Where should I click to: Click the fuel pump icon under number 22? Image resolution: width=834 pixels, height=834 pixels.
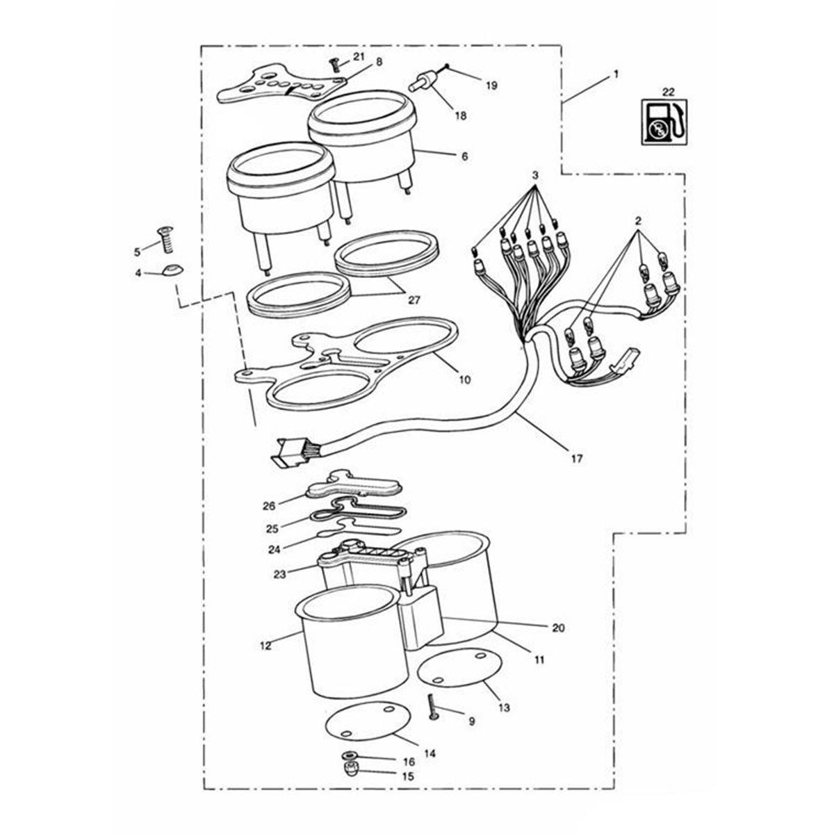click(x=664, y=122)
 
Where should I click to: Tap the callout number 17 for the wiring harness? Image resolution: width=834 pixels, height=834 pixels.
click(x=577, y=458)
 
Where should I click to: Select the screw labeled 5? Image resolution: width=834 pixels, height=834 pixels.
click(x=165, y=239)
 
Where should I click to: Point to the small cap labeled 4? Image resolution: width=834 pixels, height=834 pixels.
click(x=172, y=270)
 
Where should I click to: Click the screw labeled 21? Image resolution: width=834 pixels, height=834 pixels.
click(x=334, y=66)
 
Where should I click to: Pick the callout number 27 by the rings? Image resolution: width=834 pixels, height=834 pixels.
click(x=414, y=300)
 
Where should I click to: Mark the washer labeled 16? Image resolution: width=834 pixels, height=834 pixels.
click(x=349, y=767)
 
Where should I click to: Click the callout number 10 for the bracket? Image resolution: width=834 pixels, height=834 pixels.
click(x=464, y=379)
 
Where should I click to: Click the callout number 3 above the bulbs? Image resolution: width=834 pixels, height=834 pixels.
click(x=535, y=175)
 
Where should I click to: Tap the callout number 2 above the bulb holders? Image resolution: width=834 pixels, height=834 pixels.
click(x=637, y=221)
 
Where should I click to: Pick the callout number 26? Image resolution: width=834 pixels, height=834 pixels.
click(x=269, y=505)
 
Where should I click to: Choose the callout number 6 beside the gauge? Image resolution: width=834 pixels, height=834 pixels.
click(x=464, y=156)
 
